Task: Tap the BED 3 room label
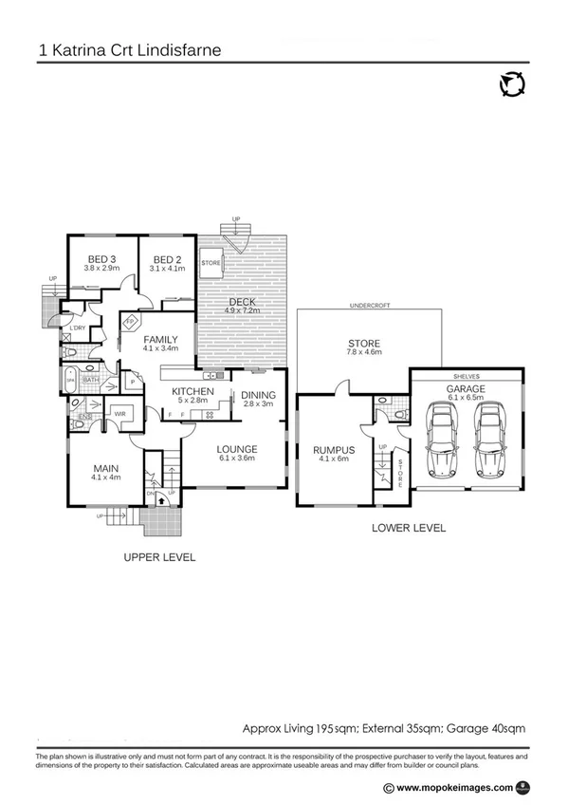pyautogui.click(x=101, y=260)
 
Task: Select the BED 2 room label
pyautogui.click(x=167, y=260)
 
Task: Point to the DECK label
pyautogui.click(x=241, y=303)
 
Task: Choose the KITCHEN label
pyautogui.click(x=192, y=391)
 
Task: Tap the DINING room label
pyautogui.click(x=257, y=395)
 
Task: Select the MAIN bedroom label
pyautogui.click(x=105, y=467)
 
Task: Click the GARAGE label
pyautogui.click(x=466, y=389)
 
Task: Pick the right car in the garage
pyautogui.click(x=489, y=442)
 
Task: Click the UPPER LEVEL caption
pyautogui.click(x=159, y=557)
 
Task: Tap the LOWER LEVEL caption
pyautogui.click(x=409, y=527)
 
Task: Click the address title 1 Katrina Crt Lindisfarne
pyautogui.click(x=130, y=47)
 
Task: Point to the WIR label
pyautogui.click(x=121, y=413)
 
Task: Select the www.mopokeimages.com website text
pyautogui.click(x=453, y=787)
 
